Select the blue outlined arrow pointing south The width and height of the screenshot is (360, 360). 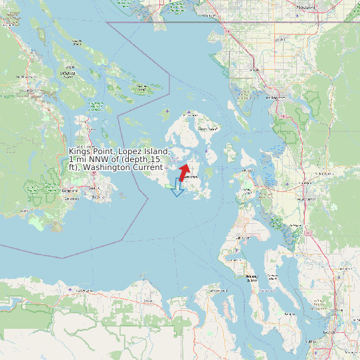pos(177,187)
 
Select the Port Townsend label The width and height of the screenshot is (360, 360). pos(219,291)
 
